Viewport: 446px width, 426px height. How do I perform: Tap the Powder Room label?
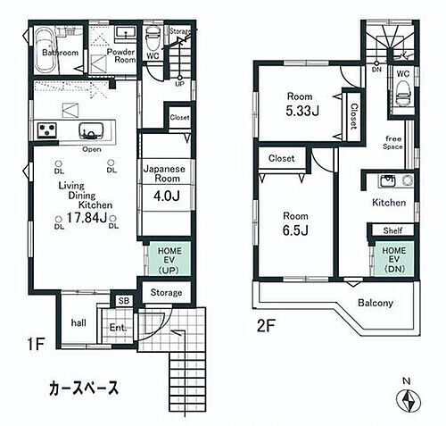click(x=121, y=55)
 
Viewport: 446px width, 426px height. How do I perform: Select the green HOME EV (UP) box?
click(x=164, y=260)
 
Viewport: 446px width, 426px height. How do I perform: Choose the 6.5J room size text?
click(x=296, y=230)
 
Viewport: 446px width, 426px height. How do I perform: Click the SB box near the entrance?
click(x=123, y=302)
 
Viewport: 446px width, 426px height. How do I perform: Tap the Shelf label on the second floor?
click(x=393, y=230)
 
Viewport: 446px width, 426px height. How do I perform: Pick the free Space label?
click(x=393, y=141)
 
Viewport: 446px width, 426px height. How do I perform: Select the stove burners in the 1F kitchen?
click(x=46, y=130)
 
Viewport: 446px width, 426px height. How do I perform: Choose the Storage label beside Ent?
click(x=166, y=293)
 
